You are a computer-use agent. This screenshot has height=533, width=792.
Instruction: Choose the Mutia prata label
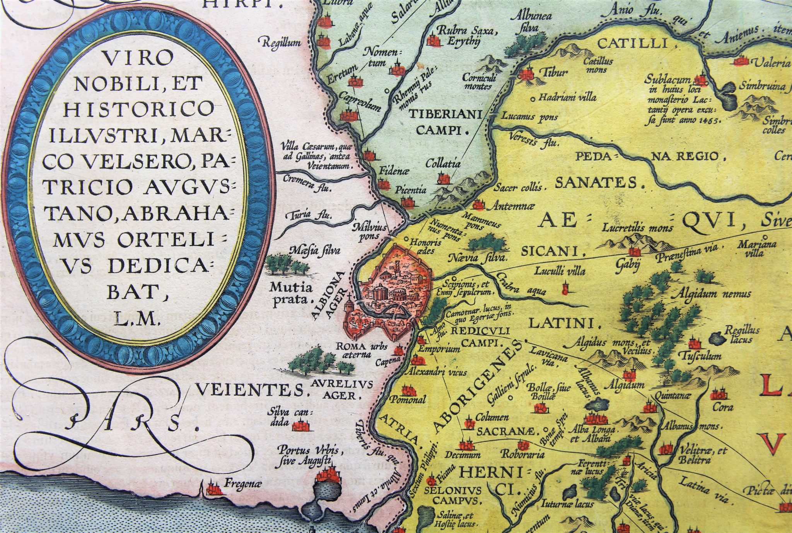click(291, 293)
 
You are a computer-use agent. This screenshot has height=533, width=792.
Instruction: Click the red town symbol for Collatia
click(444, 178)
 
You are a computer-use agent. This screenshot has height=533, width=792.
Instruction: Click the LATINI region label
click(556, 323)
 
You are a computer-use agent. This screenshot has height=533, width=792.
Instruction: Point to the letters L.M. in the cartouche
click(139, 320)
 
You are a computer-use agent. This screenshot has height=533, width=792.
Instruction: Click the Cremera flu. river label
click(308, 184)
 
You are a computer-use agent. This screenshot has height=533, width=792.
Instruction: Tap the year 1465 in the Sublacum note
click(707, 121)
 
